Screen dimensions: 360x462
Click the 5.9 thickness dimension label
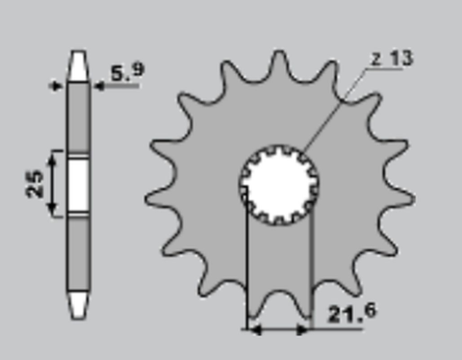[127, 70]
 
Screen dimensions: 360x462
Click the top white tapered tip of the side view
[77, 63]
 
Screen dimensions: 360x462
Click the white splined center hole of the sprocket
[279, 183]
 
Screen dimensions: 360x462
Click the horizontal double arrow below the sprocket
[279, 329]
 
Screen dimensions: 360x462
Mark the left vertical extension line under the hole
[248, 270]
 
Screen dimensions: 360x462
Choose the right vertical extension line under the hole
[311, 270]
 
